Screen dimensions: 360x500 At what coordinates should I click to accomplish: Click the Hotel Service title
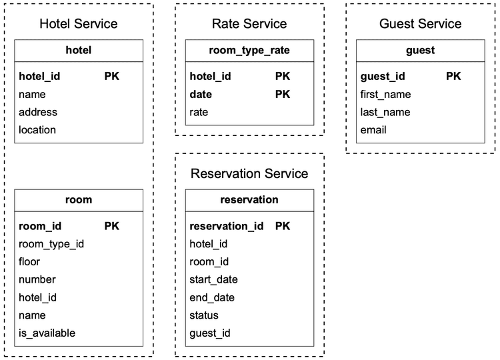(x=79, y=24)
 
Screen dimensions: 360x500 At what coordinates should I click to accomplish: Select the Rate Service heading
(x=249, y=24)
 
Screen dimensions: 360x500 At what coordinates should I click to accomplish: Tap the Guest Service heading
(x=420, y=24)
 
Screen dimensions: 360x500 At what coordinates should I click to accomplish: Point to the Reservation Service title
(x=249, y=174)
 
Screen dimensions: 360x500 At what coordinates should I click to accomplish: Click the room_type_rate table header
(x=249, y=50)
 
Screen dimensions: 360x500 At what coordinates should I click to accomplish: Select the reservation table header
(x=249, y=199)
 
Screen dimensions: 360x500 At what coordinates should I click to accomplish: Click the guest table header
(x=420, y=50)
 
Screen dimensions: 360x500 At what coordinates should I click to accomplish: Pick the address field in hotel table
(x=38, y=112)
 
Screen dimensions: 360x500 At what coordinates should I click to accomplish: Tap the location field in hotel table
(x=37, y=130)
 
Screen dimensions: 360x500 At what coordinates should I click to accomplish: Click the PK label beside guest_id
(x=453, y=77)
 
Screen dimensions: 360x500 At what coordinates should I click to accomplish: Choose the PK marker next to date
(x=283, y=95)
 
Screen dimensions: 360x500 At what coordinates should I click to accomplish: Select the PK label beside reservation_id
(x=283, y=226)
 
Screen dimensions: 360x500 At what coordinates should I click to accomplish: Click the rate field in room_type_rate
(x=199, y=113)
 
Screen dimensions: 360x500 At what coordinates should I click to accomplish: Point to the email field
(x=373, y=130)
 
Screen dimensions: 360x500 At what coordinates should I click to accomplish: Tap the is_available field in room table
(x=47, y=333)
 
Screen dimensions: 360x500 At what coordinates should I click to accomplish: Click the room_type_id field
(x=51, y=244)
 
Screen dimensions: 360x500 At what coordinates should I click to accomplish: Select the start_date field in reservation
(x=213, y=279)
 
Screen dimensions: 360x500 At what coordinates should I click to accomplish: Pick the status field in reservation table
(x=204, y=315)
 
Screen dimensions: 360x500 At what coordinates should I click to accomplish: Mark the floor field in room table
(x=29, y=261)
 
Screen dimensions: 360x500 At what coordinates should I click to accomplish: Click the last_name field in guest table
(x=385, y=112)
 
